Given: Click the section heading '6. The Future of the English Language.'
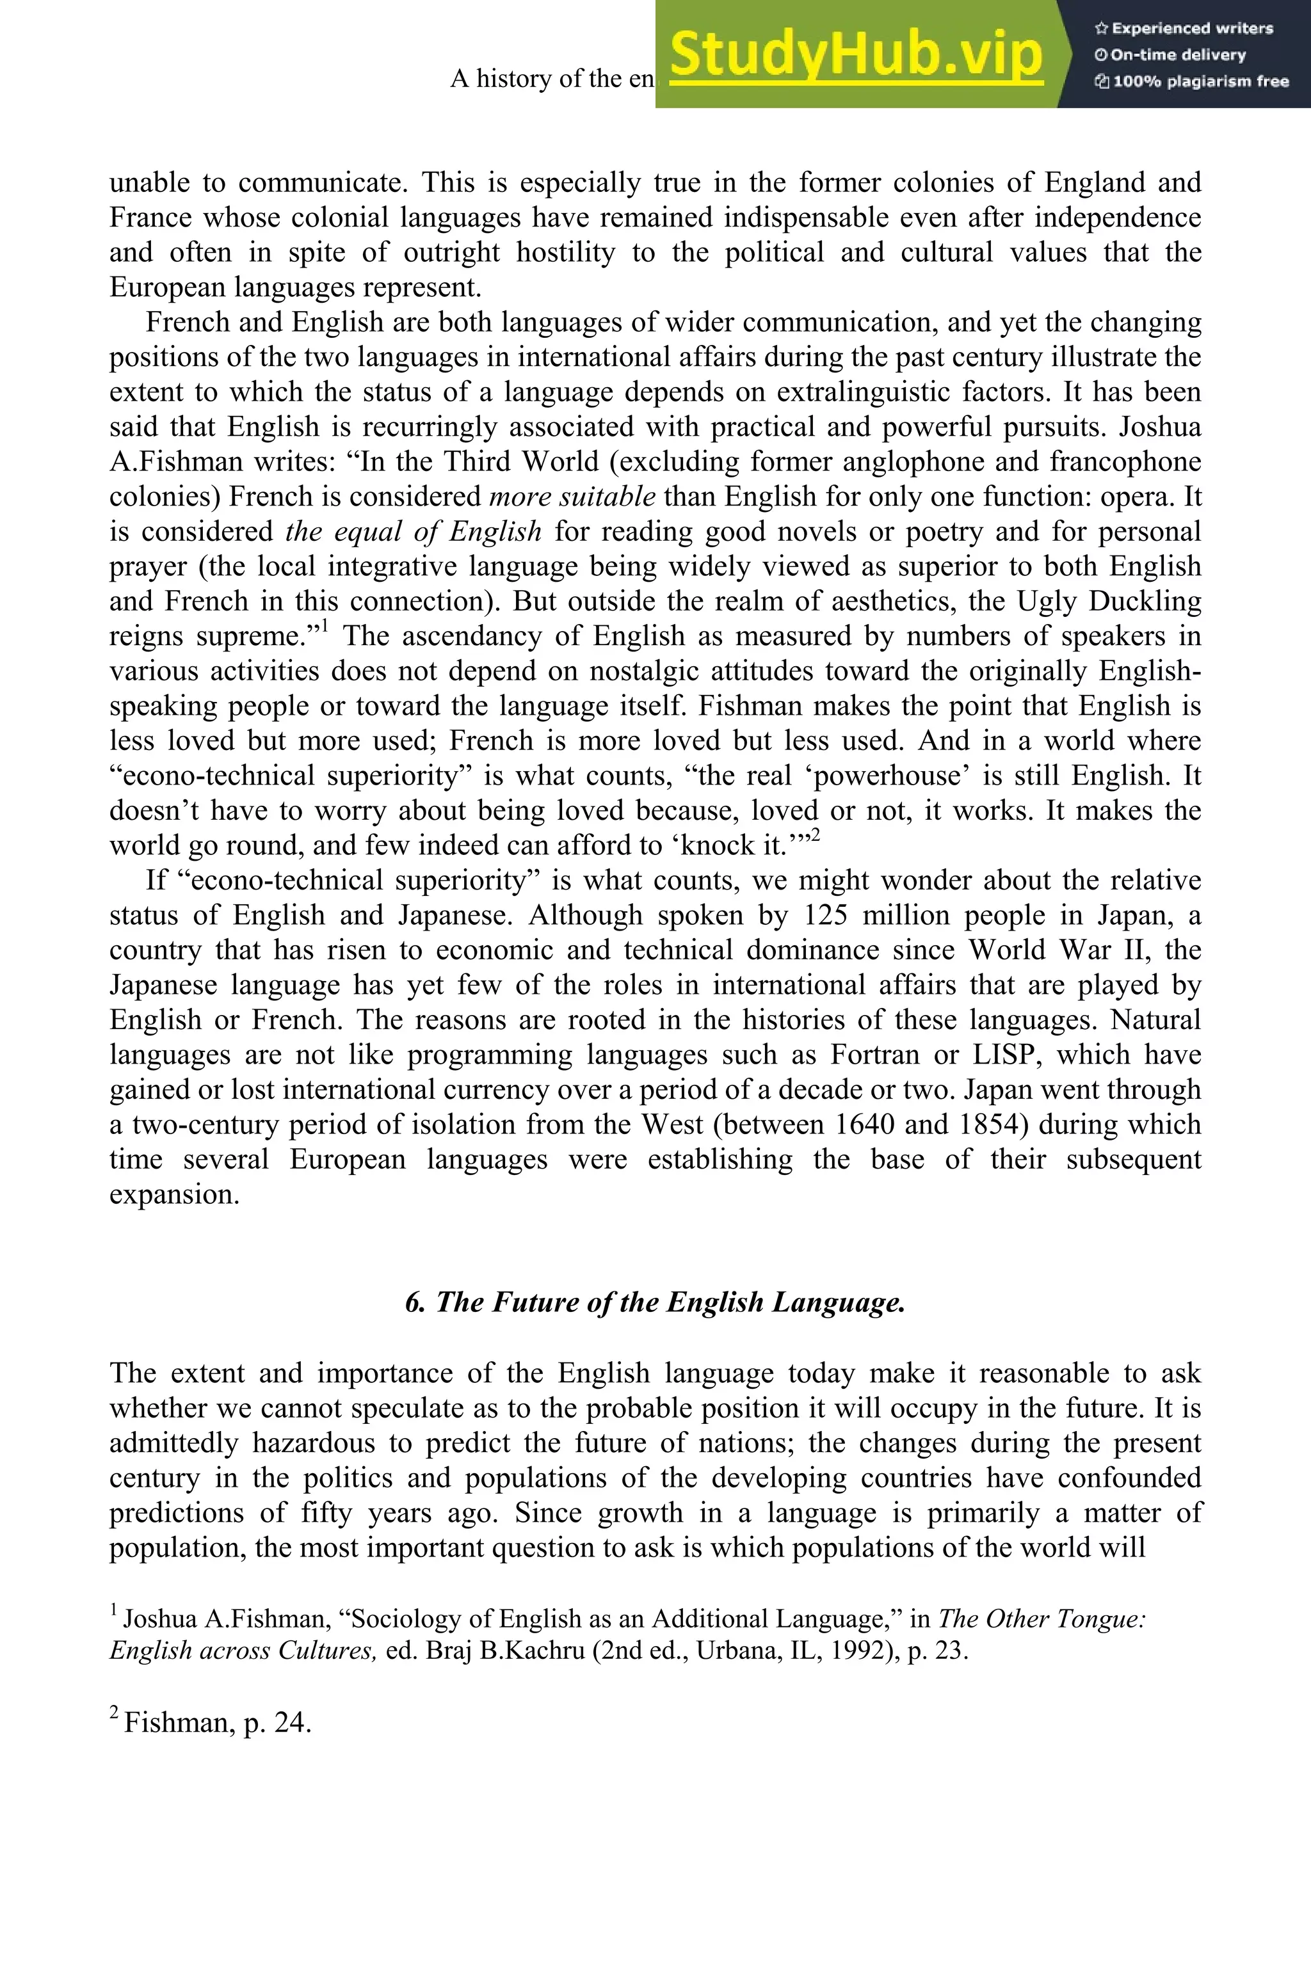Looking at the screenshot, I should (x=655, y=1302).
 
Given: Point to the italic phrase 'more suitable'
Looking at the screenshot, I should (x=572, y=497).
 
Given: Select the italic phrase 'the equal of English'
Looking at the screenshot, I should (x=413, y=532).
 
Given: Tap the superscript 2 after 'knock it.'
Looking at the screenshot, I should (x=815, y=835).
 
